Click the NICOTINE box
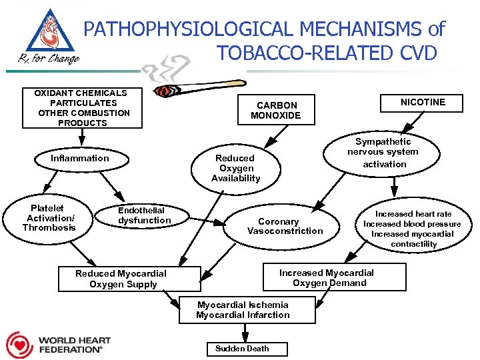pos(423,102)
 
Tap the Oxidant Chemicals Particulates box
pos(82,108)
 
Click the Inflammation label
pos(79,158)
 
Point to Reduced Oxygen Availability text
pos(235,168)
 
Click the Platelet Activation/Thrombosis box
pos(49,218)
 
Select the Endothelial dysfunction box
pos(144,215)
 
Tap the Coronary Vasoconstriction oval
pos(285,226)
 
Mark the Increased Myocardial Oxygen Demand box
pos(327,277)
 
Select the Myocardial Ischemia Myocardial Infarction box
pos(243,310)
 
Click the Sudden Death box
pos(242,349)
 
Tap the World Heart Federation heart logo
pos(19,345)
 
